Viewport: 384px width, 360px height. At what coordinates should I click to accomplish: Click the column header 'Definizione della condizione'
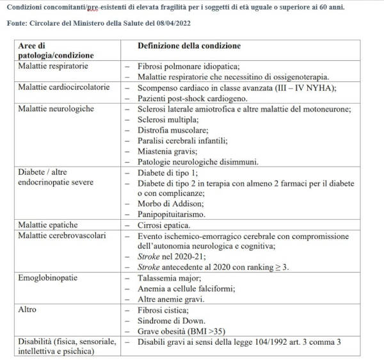coord(189,46)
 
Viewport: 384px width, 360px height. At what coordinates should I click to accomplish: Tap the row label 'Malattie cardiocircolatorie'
coord(63,87)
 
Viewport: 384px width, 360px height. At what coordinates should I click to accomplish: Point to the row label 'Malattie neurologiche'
coord(56,108)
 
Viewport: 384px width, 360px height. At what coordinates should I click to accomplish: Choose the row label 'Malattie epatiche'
coord(48,225)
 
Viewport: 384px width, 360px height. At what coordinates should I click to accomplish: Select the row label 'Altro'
coord(28,309)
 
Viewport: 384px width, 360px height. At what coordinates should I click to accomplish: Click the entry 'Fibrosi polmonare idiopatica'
coord(188,66)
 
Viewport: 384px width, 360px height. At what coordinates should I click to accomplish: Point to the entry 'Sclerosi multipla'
coord(168,119)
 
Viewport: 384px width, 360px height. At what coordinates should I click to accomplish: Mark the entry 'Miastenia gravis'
coord(167,151)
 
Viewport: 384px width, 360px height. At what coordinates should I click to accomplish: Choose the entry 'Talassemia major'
coord(169,277)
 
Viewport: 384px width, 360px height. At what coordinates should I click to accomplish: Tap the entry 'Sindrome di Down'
coord(171,320)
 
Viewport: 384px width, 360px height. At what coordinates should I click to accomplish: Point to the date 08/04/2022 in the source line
coord(168,23)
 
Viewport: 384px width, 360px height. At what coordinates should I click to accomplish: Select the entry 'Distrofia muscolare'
coord(172,129)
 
